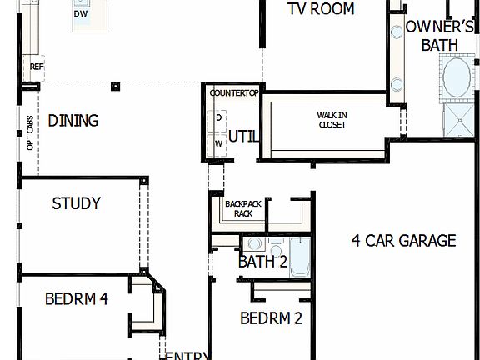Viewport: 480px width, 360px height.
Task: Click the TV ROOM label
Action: (322, 9)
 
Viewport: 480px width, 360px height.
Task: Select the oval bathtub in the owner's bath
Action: (457, 78)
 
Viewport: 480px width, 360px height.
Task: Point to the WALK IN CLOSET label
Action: (332, 119)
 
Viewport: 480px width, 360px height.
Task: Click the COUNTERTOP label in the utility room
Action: (234, 93)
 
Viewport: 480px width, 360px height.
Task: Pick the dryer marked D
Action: (219, 117)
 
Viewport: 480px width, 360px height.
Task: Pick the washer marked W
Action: (219, 142)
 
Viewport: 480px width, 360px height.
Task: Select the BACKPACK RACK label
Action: (243, 207)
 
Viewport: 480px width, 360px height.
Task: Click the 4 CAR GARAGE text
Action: (403, 241)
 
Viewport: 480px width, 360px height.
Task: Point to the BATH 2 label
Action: (263, 262)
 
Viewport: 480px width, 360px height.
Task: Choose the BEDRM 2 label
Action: (271, 317)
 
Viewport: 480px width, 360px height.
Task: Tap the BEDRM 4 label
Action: (77, 298)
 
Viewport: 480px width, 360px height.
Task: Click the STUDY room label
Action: (76, 203)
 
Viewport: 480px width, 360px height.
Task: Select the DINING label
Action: (73, 121)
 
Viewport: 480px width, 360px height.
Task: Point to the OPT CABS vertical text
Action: (31, 133)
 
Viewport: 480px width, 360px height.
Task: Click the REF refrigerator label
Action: (37, 67)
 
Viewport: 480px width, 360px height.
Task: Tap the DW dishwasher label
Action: (81, 14)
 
